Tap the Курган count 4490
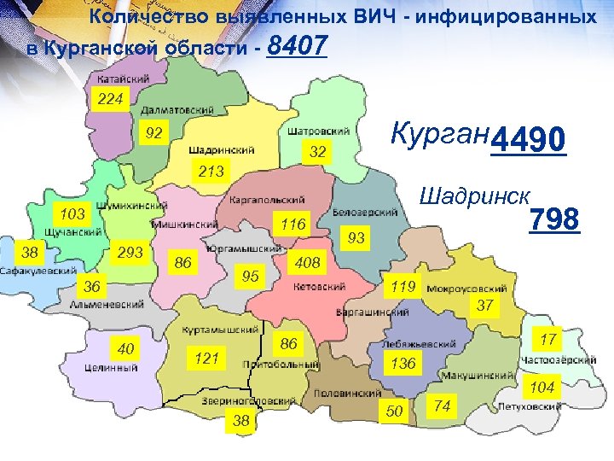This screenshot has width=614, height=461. pos(529,139)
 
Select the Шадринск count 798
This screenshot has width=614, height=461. pos(554,221)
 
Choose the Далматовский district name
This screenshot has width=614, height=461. pos(178,111)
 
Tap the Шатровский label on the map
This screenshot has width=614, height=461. pos(318,131)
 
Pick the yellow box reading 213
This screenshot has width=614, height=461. pos(211,172)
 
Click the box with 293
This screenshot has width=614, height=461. pos(130,253)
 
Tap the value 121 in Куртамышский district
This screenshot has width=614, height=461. pos(206,359)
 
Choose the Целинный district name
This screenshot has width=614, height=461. pos(112,368)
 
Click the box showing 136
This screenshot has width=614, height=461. pos(403,364)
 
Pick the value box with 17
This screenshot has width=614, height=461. pos(548,340)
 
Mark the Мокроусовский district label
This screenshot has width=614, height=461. pos(464,287)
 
